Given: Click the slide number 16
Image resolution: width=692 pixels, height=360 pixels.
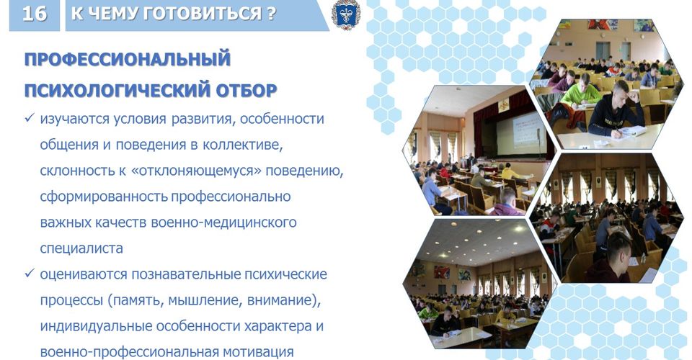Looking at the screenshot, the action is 34,14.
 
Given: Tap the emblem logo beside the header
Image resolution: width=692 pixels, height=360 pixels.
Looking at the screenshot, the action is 345,14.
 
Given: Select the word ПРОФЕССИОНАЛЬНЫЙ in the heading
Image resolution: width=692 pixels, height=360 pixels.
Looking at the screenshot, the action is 128,59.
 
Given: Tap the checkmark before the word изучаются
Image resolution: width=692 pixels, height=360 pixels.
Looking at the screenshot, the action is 30,118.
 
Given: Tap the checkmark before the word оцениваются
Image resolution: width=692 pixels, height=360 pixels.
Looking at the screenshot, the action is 30,274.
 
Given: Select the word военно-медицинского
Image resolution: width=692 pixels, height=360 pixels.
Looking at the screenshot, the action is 223,222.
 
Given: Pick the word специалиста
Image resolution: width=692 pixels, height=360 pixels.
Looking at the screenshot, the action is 81,248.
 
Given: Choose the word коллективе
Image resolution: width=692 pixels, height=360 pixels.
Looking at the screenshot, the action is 243,145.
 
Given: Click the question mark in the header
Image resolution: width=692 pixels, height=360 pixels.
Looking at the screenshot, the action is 271,14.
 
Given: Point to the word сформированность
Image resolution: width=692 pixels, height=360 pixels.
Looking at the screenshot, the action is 103,197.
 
